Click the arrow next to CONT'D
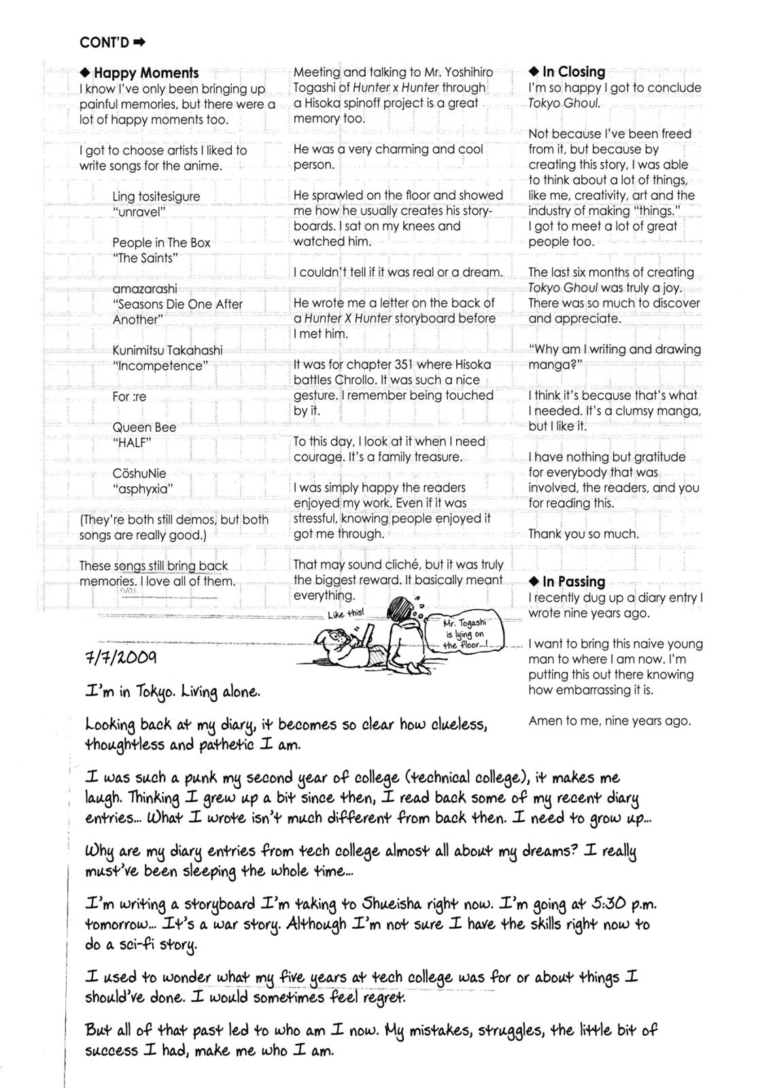pos(139,42)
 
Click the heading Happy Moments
pos(145,73)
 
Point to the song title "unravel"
pos(139,212)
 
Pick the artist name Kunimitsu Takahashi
pos(167,350)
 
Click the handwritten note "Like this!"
pos(345,613)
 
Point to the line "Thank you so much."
pos(583,534)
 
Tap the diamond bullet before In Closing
pos(534,72)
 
